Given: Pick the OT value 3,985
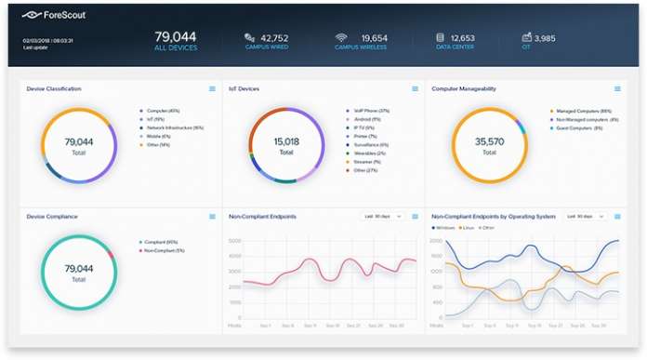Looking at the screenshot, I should pyautogui.click(x=545, y=38).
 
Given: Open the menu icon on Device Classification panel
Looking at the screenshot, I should pyautogui.click(x=212, y=89).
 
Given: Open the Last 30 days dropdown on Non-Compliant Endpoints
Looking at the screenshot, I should pyautogui.click(x=382, y=216).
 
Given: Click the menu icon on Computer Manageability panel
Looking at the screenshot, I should pyautogui.click(x=616, y=89).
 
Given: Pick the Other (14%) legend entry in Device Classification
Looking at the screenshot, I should pyautogui.click(x=158, y=144).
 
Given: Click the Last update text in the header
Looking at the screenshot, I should pyautogui.click(x=34, y=48).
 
